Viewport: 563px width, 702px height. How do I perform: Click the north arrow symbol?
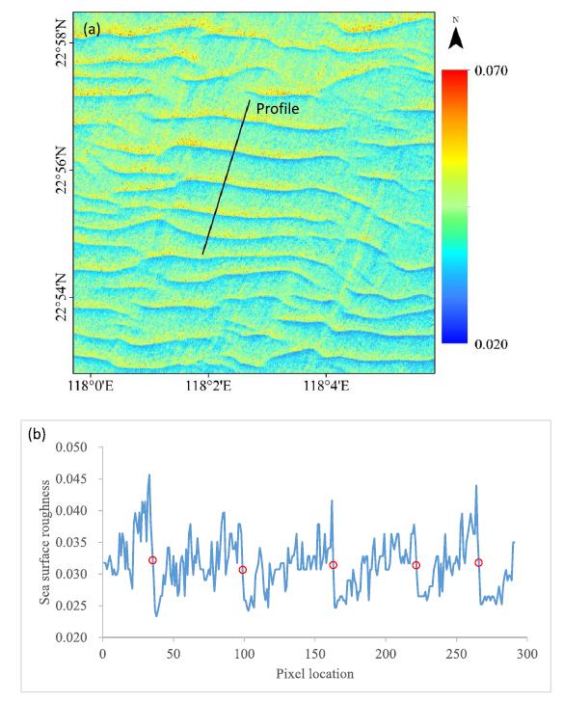[456, 35]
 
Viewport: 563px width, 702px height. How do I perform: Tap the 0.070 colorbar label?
[491, 70]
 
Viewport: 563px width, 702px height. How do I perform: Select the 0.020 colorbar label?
[491, 344]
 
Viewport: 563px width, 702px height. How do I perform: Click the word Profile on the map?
[278, 109]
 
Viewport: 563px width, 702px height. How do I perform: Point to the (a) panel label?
[92, 30]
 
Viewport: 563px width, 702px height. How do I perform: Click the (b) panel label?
[37, 434]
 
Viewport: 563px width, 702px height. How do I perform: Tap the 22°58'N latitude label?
[62, 43]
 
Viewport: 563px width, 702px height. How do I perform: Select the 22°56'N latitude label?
[62, 170]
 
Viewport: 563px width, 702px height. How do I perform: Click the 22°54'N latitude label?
[62, 297]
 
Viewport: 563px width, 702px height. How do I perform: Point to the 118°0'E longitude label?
[92, 386]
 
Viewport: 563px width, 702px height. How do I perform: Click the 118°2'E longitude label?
[208, 386]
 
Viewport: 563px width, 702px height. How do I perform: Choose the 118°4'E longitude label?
[326, 386]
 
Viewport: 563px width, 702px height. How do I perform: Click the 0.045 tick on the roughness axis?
[71, 479]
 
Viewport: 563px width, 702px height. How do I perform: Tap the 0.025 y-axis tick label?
[71, 606]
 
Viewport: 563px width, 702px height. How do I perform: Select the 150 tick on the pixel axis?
[315, 654]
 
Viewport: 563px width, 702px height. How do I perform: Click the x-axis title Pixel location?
[314, 674]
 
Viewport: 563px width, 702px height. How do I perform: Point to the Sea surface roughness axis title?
[45, 542]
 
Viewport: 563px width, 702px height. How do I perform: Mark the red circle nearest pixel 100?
[243, 570]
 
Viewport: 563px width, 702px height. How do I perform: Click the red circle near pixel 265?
[478, 563]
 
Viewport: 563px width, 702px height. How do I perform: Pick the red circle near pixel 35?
[152, 560]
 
